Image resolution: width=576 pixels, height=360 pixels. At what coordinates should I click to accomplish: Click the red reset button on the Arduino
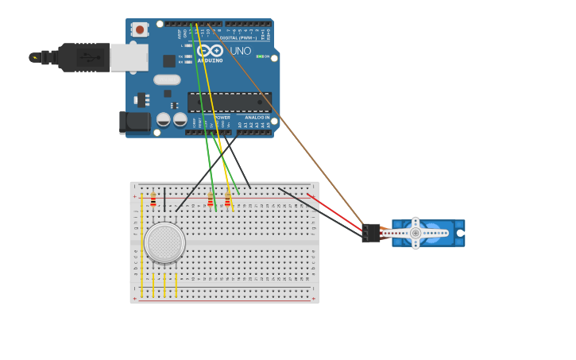pyautogui.click(x=140, y=29)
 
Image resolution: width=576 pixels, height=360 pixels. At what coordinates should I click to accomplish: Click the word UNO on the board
pyautogui.click(x=241, y=51)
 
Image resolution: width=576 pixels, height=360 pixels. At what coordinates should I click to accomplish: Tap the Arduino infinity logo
pyautogui.click(x=210, y=50)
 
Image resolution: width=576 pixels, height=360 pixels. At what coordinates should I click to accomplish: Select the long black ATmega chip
pyautogui.click(x=229, y=102)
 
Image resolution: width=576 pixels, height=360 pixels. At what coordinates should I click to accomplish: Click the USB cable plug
pyautogui.click(x=83, y=57)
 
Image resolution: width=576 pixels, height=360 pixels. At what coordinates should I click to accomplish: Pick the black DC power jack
pyautogui.click(x=134, y=122)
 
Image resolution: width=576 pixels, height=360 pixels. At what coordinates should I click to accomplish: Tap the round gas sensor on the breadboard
pyautogui.click(x=164, y=242)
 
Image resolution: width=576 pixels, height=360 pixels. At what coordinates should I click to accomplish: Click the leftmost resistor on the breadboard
pyautogui.click(x=153, y=199)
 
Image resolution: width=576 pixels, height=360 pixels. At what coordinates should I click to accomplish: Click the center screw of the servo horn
pyautogui.click(x=415, y=233)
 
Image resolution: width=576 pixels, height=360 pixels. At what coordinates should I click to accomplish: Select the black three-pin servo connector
pyautogui.click(x=370, y=233)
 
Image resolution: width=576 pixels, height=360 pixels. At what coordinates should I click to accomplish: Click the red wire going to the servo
pyautogui.click(x=334, y=210)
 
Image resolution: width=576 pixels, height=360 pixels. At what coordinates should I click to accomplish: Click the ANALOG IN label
pyautogui.click(x=256, y=118)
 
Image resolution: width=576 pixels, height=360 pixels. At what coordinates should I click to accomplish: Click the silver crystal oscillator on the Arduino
pyautogui.click(x=167, y=79)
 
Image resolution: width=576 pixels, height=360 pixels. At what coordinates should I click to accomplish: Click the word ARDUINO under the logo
pyautogui.click(x=210, y=60)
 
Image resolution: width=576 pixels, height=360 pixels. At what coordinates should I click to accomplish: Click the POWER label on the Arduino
pyautogui.click(x=222, y=118)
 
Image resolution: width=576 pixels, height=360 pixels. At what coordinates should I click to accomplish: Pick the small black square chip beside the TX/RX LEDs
pyautogui.click(x=169, y=60)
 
